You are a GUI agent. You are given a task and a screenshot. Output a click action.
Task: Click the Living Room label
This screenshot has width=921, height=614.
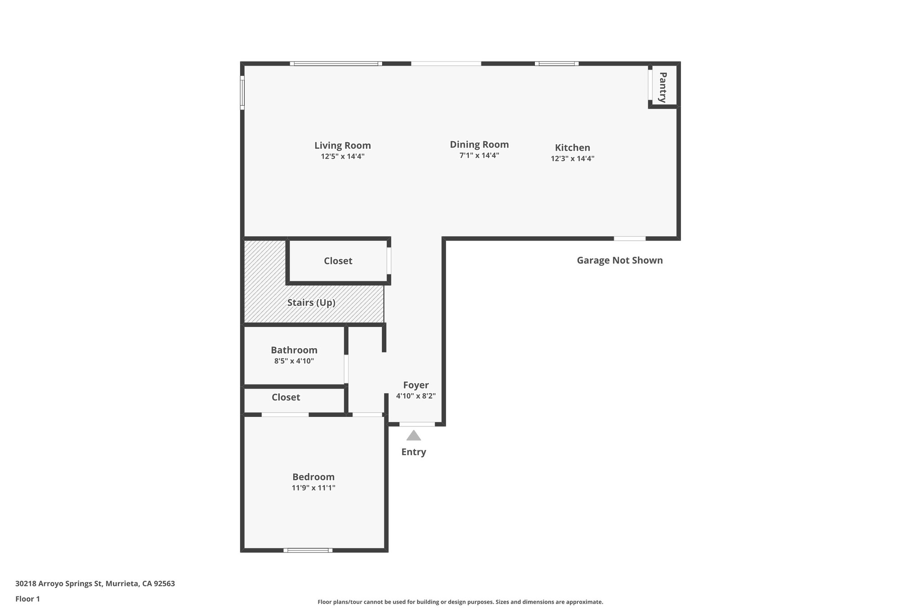342,145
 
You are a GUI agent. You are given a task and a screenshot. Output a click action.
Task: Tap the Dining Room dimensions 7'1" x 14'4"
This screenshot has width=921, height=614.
479,156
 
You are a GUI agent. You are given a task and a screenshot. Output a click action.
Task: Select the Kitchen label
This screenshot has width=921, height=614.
572,148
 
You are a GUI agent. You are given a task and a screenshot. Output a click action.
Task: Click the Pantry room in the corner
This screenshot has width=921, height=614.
663,87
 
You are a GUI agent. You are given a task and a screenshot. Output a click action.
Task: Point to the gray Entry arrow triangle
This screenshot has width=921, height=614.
413,436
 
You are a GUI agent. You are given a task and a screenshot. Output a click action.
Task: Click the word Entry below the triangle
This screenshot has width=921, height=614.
413,452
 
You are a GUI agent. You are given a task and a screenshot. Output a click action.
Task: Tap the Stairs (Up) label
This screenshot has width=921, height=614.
311,302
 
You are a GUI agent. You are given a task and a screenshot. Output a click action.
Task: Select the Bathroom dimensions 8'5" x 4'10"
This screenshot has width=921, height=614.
294,361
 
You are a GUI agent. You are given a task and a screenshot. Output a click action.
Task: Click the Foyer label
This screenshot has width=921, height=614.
416,385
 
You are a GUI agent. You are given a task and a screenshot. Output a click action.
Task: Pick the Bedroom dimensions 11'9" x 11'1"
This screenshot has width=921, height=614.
313,488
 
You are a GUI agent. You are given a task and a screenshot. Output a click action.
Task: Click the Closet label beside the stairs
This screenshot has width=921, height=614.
338,261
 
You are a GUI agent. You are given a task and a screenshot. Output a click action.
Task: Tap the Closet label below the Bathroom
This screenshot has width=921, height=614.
286,397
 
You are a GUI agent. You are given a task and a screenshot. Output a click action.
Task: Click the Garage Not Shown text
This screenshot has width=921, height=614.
619,260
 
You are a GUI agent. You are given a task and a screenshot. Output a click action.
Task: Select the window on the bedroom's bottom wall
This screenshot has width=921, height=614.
308,550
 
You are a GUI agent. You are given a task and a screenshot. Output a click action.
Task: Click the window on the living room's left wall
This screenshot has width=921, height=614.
242,92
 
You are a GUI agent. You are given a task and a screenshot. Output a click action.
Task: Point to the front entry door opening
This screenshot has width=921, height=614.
417,424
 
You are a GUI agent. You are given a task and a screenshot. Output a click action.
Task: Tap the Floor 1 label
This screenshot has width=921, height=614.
27,599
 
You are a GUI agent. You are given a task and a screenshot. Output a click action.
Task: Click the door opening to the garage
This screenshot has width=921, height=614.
630,238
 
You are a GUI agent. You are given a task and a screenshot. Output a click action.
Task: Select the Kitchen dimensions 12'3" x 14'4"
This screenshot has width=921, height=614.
572,158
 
